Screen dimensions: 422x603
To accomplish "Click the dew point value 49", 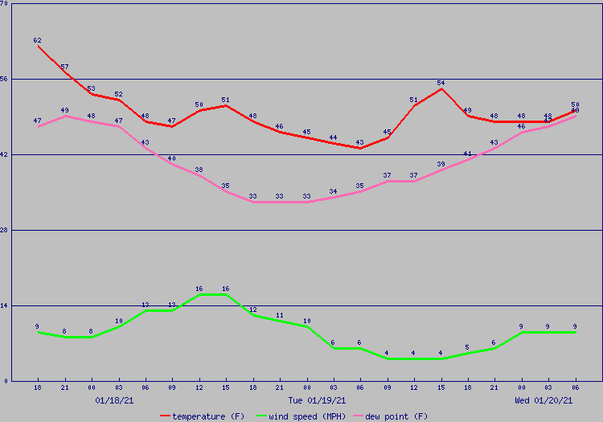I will tap(64, 110).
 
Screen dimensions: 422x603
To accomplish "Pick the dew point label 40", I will tap(172, 158).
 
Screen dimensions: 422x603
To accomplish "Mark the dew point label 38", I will tap(199, 170).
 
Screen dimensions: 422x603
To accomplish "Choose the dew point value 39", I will tap(441, 164).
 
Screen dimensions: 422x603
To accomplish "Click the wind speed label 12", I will tap(252, 309).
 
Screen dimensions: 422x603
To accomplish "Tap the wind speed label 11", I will tap(280, 315).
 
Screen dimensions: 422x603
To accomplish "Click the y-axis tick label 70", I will tap(4, 3).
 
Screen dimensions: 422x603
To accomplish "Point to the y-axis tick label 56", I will tap(4, 79).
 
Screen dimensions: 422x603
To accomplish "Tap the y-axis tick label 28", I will tap(4, 230).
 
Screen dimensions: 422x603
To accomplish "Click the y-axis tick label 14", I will tap(4, 305).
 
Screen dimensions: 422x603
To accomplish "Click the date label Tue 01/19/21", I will tap(318, 399).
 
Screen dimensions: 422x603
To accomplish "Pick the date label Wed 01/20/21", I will tap(544, 399).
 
